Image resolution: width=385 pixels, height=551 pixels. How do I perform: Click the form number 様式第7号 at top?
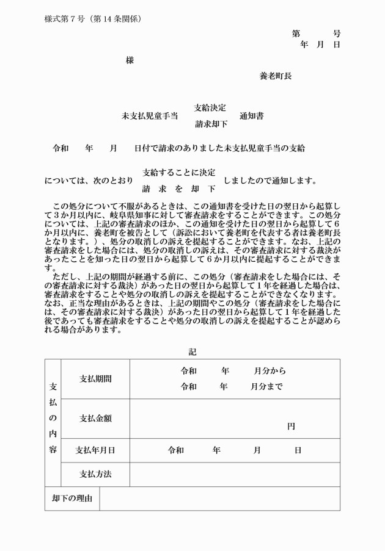[x=66, y=18]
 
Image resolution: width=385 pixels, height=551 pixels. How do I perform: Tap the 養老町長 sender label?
[x=275, y=76]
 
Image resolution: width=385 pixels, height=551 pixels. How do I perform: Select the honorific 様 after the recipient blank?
[x=130, y=60]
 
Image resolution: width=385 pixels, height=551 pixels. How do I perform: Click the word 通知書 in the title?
[x=251, y=116]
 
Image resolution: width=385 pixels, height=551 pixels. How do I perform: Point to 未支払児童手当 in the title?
[x=150, y=116]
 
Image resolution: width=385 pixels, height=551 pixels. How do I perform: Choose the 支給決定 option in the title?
[x=210, y=107]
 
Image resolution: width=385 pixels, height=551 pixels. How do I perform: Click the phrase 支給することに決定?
[x=178, y=173]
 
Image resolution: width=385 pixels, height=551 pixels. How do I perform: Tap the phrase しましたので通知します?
[x=270, y=181]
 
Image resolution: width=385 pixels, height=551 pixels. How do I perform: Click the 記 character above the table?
[x=193, y=351]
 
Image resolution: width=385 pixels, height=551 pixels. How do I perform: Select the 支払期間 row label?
[x=95, y=378]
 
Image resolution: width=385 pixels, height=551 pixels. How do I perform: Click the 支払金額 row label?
[x=95, y=418]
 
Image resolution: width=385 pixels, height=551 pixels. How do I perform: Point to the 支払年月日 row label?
[x=95, y=450]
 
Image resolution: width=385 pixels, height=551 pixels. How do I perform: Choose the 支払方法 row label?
[x=95, y=474]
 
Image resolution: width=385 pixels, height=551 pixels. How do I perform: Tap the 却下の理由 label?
[x=72, y=499]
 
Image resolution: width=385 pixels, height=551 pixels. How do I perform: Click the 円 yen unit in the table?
[x=291, y=427]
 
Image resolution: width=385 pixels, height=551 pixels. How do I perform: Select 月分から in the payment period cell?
[x=269, y=371]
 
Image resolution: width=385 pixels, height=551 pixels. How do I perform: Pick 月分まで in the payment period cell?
[x=266, y=386]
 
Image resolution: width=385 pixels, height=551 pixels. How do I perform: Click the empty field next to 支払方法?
[x=235, y=474]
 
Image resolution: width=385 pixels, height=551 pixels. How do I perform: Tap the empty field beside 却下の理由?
[x=219, y=499]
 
